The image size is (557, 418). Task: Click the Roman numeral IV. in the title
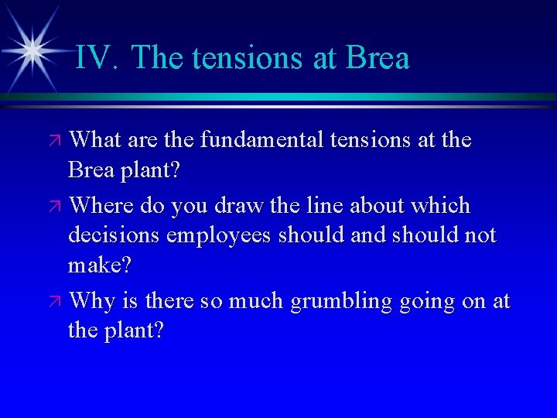pyautogui.click(x=97, y=58)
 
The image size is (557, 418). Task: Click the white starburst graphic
pyautogui.click(x=32, y=50)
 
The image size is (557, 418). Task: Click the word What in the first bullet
pyautogui.click(x=97, y=140)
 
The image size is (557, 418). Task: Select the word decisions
pyautogui.click(x=109, y=236)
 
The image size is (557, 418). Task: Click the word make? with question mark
pyautogui.click(x=100, y=266)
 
